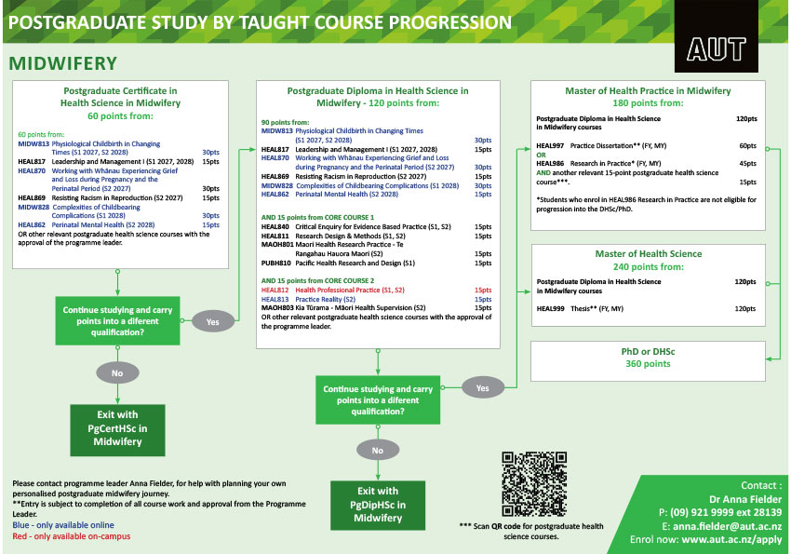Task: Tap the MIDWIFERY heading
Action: [x=63, y=63]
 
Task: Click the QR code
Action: [x=534, y=484]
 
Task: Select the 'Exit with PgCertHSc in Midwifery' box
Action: [x=117, y=430]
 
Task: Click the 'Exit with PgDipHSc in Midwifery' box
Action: [x=378, y=505]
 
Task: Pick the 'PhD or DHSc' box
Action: [x=648, y=361]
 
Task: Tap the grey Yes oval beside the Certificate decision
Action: [x=213, y=322]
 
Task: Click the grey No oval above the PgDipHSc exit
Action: [x=378, y=450]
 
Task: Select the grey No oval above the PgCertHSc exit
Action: [x=117, y=373]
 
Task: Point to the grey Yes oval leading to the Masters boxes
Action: [x=483, y=388]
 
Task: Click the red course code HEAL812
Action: [x=275, y=291]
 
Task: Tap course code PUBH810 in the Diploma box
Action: [x=276, y=263]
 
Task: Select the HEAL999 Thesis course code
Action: [x=550, y=309]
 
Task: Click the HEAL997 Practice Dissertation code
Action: [x=550, y=146]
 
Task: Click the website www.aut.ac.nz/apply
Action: [x=731, y=539]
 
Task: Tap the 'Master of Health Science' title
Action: [x=649, y=254]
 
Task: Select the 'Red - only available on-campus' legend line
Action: [x=71, y=535]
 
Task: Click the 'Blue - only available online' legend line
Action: [x=63, y=525]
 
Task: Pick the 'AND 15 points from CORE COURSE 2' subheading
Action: [x=318, y=280]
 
